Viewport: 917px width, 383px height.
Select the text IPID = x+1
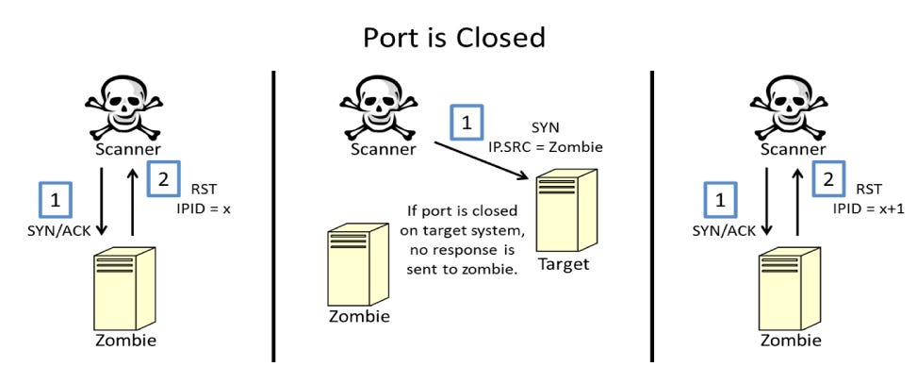click(869, 208)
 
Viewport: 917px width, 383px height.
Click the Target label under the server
click(564, 265)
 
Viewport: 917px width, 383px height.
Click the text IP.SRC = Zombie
click(546, 147)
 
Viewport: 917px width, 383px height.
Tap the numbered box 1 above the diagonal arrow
click(467, 124)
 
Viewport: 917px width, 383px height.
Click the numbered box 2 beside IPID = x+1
click(828, 178)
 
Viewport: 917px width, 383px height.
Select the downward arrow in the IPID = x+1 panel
click(766, 201)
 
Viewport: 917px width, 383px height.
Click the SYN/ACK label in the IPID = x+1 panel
click(719, 230)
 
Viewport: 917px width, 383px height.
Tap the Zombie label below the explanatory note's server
click(358, 317)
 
